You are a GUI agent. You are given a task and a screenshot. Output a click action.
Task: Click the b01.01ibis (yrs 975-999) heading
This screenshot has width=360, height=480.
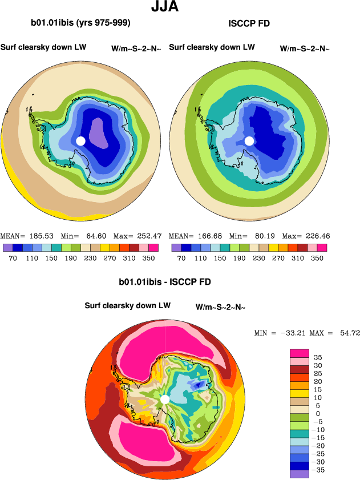[x=80, y=23]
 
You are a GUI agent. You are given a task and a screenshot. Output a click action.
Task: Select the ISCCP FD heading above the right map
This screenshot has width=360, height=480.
[x=249, y=23]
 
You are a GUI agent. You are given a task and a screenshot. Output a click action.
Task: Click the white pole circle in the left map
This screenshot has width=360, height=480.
[x=80, y=141]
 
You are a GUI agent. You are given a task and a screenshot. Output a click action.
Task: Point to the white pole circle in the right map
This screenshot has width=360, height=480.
[x=249, y=141]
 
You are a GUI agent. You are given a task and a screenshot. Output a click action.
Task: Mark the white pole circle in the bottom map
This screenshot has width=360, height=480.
[x=165, y=400]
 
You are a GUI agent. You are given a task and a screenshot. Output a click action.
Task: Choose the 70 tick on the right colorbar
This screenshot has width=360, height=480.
[x=181, y=258]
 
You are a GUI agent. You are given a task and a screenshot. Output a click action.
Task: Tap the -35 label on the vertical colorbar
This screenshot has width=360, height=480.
[x=318, y=470]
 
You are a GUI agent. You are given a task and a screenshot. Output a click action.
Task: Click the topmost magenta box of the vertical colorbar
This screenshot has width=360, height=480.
[x=299, y=353]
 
